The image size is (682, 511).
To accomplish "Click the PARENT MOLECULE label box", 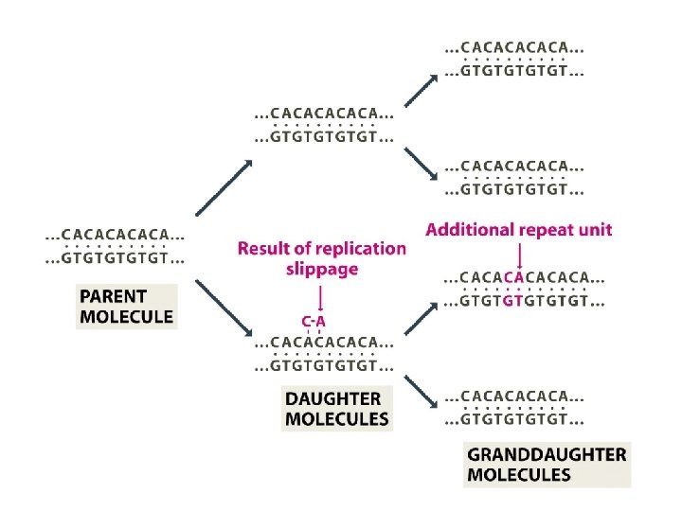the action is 127,306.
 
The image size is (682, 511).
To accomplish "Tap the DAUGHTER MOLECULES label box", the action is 337,409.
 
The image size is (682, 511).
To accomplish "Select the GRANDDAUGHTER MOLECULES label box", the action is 547,465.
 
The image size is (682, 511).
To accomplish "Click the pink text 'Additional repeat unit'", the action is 519,229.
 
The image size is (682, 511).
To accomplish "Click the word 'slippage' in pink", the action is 322,270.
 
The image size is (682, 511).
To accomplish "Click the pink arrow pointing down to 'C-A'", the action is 322,298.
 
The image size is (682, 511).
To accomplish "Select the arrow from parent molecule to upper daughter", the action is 224,188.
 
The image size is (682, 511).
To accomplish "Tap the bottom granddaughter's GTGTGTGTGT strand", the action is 514,419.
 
